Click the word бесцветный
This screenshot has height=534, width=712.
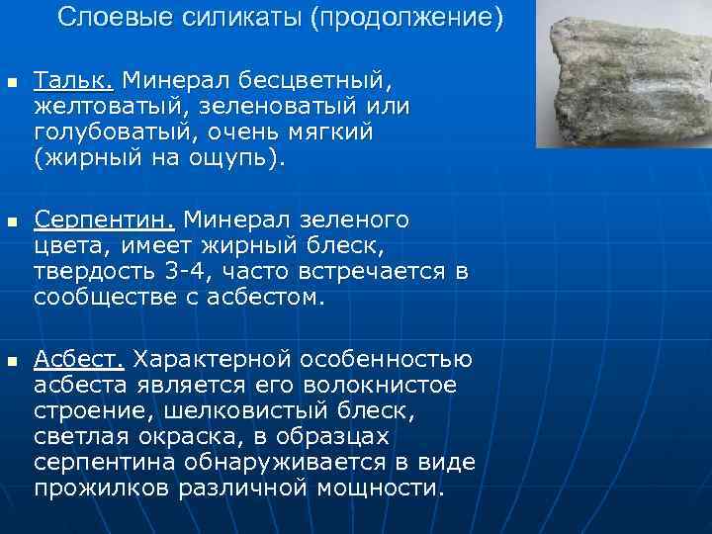(325, 77)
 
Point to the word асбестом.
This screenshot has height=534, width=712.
(267, 297)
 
